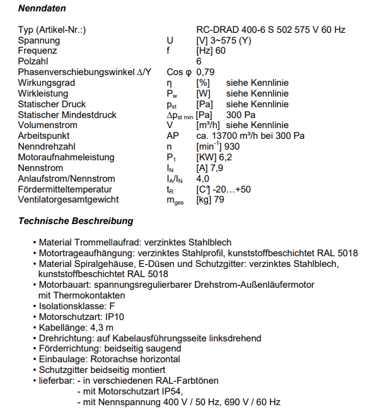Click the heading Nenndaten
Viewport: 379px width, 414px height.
42,9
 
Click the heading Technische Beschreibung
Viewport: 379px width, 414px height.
76,221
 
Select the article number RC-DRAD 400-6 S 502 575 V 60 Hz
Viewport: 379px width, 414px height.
271,30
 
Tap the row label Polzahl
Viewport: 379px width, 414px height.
35,62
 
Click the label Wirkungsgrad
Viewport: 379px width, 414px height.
47,83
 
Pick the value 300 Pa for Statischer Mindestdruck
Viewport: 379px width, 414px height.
240,115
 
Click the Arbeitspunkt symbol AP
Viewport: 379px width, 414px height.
172,136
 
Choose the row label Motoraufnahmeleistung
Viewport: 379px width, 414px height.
66,157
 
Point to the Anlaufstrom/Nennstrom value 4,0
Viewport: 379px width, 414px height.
204,179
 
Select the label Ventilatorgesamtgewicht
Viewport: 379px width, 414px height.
68,200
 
